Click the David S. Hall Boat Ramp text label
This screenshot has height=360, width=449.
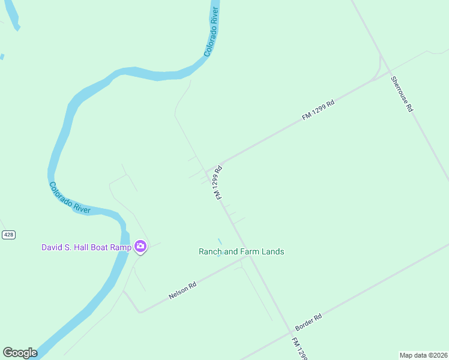(x=86, y=247)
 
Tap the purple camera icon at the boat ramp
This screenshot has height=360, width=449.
(x=140, y=246)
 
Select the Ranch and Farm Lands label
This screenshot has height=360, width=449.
(x=241, y=251)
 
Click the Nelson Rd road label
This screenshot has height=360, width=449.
(x=182, y=292)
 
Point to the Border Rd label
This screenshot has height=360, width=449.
(x=309, y=323)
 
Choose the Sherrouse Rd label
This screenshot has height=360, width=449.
(x=402, y=94)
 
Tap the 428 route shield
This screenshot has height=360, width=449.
(x=8, y=235)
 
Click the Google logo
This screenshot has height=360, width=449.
(x=20, y=353)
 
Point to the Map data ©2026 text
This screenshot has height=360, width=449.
(x=423, y=355)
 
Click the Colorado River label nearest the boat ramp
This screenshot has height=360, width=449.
(x=70, y=198)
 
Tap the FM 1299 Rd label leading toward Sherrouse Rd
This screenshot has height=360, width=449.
(x=318, y=109)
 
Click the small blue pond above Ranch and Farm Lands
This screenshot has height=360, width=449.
(x=220, y=241)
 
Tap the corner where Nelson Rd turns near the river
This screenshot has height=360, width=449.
(x=140, y=312)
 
